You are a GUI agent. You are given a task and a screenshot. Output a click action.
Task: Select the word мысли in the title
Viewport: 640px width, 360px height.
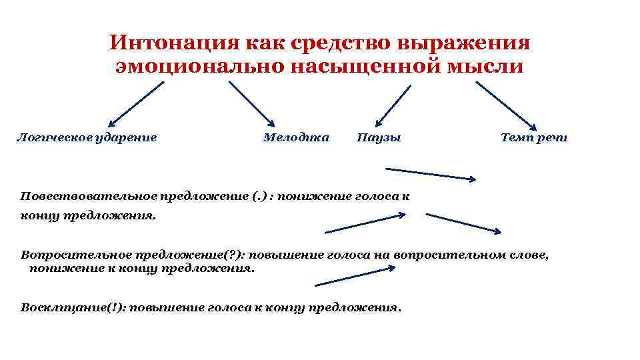coord(490,67)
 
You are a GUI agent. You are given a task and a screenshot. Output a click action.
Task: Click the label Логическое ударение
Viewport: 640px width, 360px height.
coord(87,138)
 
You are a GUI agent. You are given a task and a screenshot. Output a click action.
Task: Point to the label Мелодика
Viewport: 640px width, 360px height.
coord(296,138)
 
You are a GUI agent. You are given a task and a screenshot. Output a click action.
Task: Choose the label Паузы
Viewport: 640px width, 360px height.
coord(379,138)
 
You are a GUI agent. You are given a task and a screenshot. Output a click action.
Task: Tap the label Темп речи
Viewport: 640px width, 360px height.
coord(534,138)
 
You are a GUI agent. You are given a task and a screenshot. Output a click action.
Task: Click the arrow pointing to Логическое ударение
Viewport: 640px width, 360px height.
coord(136,104)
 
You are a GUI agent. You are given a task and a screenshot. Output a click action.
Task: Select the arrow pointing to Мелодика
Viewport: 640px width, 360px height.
coord(251,103)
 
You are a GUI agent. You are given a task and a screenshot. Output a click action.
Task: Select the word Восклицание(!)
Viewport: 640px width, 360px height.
coord(73,308)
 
